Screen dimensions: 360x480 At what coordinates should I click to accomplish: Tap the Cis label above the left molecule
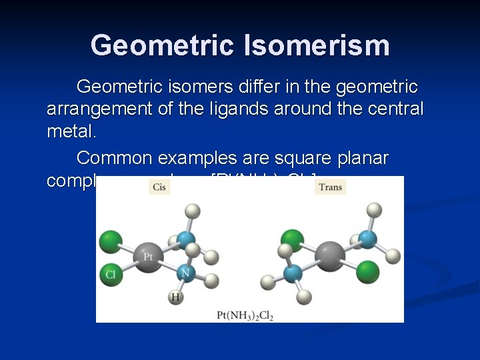(159, 187)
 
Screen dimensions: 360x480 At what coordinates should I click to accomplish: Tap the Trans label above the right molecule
(331, 187)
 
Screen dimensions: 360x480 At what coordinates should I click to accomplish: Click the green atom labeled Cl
(111, 275)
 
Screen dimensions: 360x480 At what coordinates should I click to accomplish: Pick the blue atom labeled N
(187, 272)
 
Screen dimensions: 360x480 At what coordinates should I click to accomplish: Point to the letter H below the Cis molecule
(176, 297)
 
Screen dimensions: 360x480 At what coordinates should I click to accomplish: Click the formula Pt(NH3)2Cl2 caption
(245, 314)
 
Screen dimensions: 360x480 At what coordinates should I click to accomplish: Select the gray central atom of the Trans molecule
(330, 256)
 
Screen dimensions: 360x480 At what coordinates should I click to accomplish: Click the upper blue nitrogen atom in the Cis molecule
(187, 240)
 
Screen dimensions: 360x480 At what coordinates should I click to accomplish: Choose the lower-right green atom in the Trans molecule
(367, 272)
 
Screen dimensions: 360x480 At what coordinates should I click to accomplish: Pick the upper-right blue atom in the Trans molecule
(367, 239)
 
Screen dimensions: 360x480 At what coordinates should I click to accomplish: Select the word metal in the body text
(70, 131)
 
